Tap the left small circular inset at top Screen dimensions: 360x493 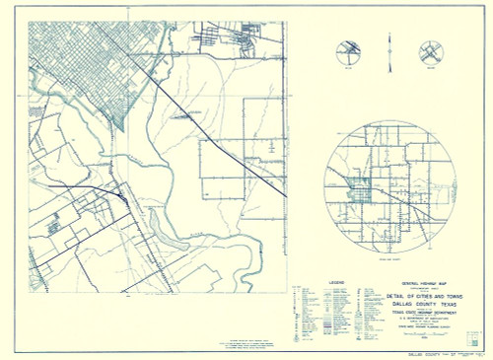click(349, 52)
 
